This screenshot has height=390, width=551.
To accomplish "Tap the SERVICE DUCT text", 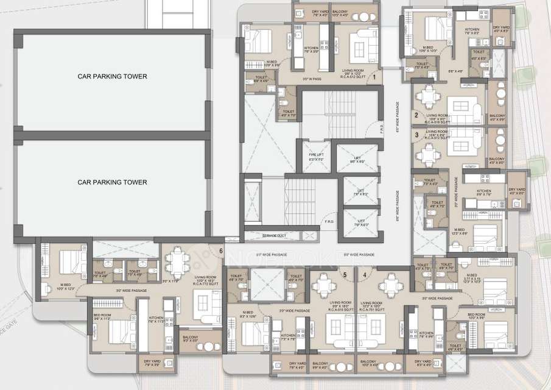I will [274, 235].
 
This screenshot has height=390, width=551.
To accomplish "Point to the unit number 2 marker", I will [416, 115].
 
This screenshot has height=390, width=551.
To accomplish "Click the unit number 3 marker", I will [416, 135].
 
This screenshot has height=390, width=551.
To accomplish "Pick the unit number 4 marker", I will [365, 274].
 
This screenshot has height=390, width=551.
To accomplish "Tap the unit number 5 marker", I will [345, 274].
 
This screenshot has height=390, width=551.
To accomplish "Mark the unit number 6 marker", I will [220, 250].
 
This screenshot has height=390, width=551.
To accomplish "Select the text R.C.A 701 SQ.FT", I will [372, 310].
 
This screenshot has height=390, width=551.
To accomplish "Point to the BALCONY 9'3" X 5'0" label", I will [191, 339].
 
